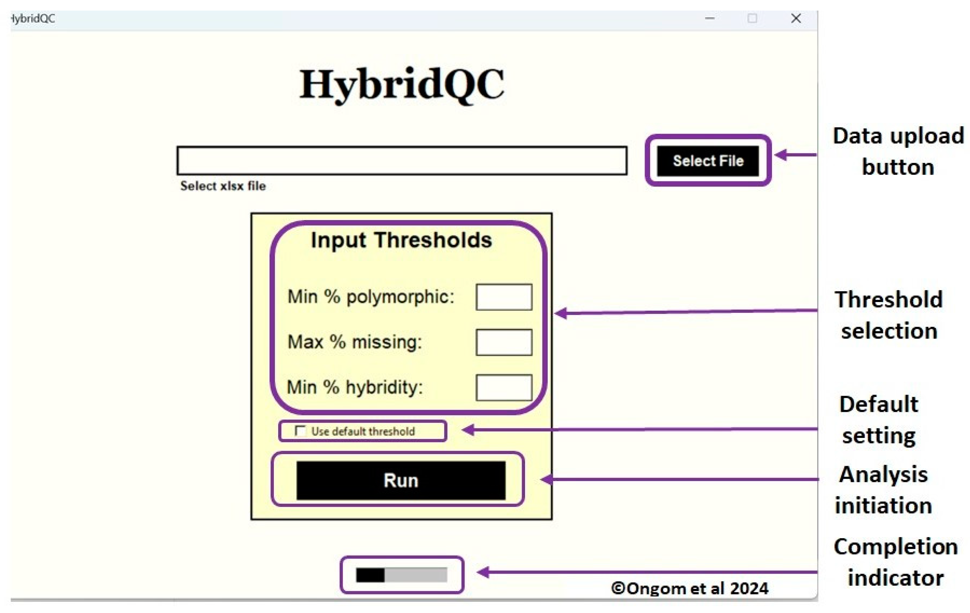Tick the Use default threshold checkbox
[300, 431]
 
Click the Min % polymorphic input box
[504, 297]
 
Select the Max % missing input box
[504, 342]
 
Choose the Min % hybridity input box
[504, 387]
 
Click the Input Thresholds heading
[401, 241]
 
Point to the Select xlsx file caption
[223, 186]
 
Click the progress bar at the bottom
[401, 575]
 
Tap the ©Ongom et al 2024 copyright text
[690, 588]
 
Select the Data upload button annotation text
[898, 151]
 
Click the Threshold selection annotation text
[889, 315]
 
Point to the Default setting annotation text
[879, 420]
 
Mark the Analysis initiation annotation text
[883, 490]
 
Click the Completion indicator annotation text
[896, 562]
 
